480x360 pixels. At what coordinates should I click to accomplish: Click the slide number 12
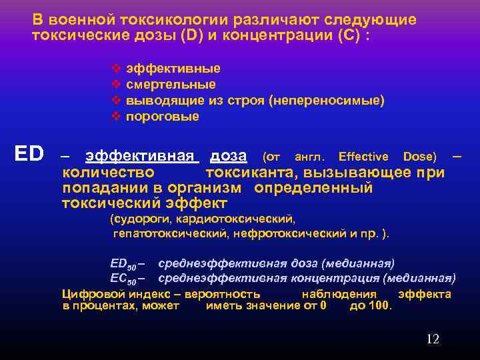coord(433,339)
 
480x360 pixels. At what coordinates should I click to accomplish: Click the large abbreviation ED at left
coord(29,155)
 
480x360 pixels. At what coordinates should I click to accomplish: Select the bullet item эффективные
coord(173,69)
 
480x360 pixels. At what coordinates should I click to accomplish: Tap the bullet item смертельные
coord(171,85)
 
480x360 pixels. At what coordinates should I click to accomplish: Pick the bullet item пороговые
coord(163,117)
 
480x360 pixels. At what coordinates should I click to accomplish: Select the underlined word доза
coord(228,156)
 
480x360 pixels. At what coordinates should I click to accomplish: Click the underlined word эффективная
coord(142,156)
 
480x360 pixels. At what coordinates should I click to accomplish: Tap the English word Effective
coord(363,157)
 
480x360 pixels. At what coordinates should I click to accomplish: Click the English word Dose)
coord(420,157)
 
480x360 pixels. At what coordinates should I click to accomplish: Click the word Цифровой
coord(89,294)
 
